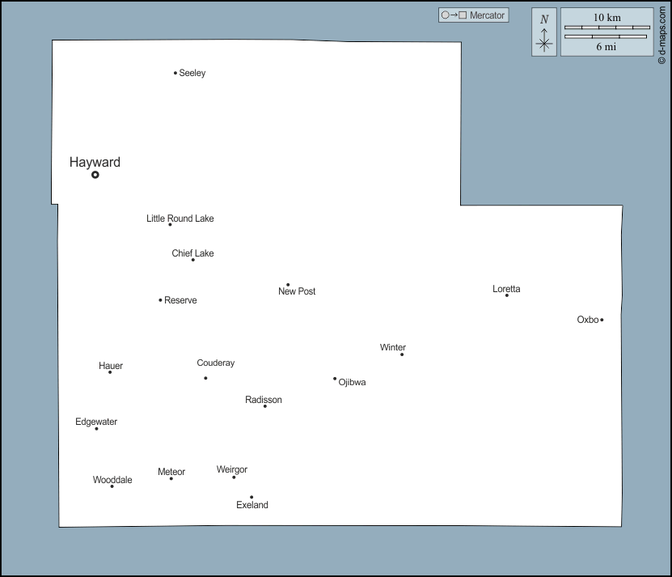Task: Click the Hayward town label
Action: [x=95, y=162]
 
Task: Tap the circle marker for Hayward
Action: [x=95, y=174]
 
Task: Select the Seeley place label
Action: [x=192, y=73]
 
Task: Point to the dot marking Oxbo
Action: [x=602, y=320]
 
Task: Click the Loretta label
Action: [x=506, y=289]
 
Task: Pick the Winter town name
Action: [x=393, y=347]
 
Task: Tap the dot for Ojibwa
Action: [x=335, y=378]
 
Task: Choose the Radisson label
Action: [x=264, y=400]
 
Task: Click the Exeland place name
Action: [x=252, y=505]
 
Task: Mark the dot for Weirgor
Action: [x=234, y=477]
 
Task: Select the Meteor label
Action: [x=171, y=472]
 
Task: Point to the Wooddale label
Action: [x=112, y=480]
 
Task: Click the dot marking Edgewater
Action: [x=96, y=428]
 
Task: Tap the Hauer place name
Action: [x=111, y=366]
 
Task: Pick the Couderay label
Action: [x=216, y=363]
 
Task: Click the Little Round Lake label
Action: [x=180, y=218]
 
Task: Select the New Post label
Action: [x=297, y=291]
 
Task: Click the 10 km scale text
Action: [x=606, y=17]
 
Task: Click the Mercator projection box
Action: [x=473, y=15]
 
